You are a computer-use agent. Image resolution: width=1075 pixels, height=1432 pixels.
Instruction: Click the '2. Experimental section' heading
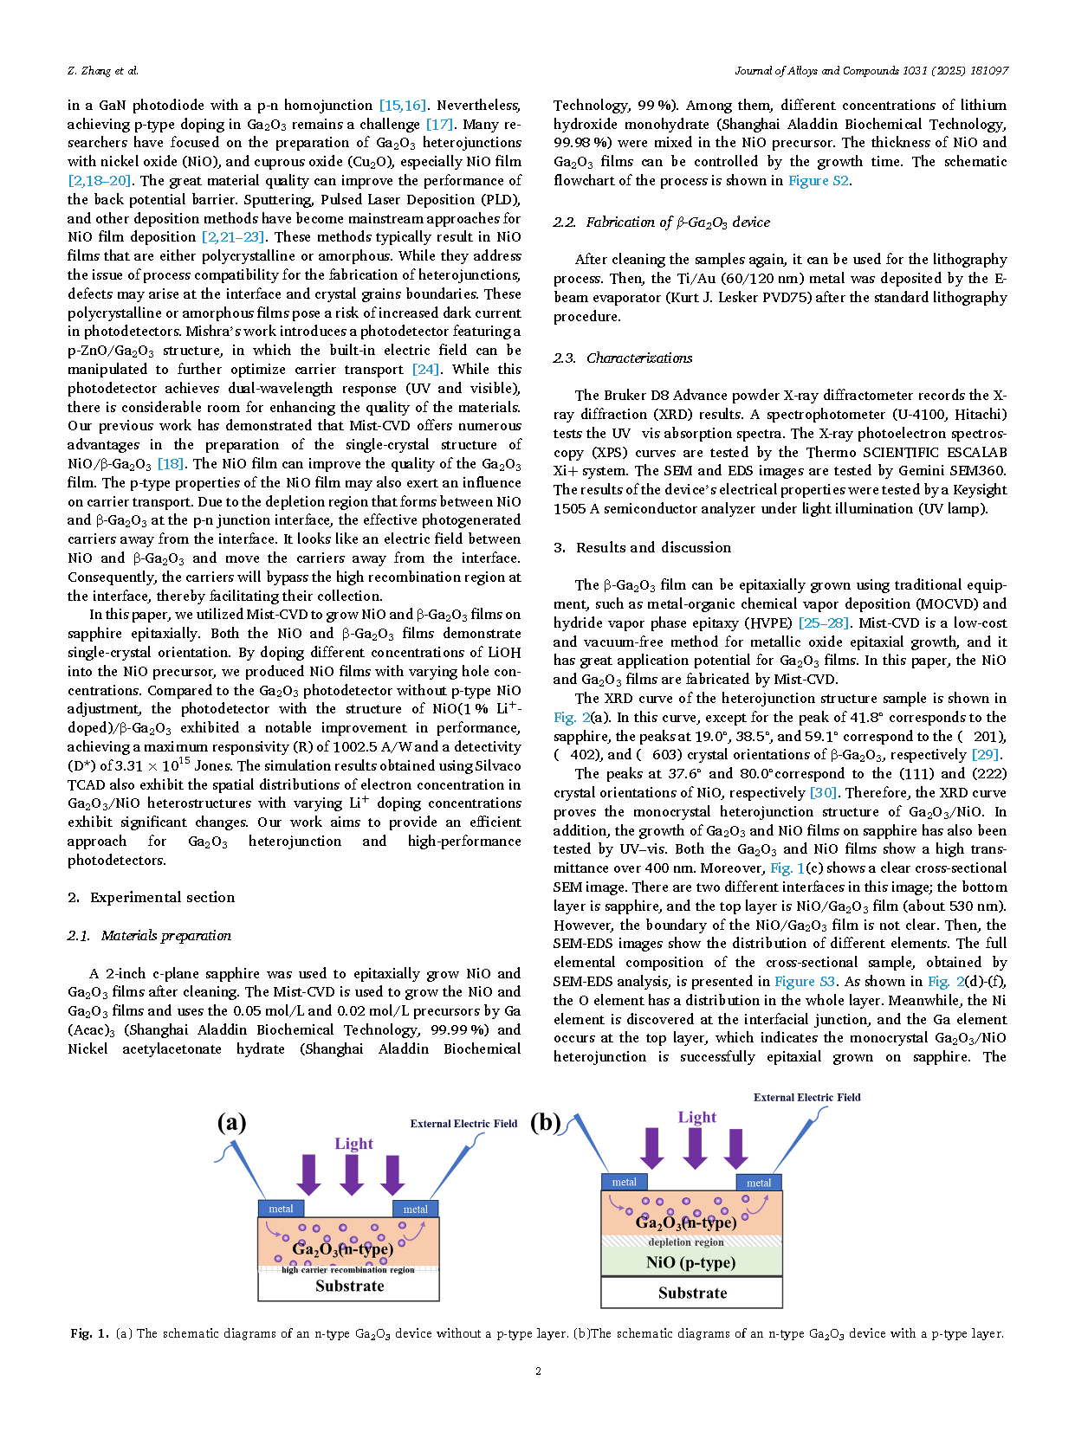[x=151, y=898]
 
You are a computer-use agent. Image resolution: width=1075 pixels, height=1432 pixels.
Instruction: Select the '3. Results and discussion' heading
[x=642, y=548]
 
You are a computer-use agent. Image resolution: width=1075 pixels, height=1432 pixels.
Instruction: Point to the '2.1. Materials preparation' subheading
[x=149, y=936]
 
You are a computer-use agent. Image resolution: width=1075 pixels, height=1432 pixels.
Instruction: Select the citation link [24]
[x=425, y=370]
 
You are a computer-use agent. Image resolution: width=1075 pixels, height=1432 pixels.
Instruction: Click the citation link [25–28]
[x=825, y=623]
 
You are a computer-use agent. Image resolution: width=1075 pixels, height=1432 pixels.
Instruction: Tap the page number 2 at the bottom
[x=538, y=1371]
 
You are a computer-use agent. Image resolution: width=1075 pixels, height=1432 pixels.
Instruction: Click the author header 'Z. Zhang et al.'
[x=103, y=71]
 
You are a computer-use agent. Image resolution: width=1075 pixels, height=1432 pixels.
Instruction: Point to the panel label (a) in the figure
[x=231, y=1123]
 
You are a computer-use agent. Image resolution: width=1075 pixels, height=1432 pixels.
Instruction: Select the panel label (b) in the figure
[x=546, y=1123]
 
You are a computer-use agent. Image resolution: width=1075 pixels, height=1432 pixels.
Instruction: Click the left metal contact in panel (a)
[x=281, y=1209]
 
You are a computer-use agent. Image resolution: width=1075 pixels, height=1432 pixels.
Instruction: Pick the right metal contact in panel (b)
[x=759, y=1183]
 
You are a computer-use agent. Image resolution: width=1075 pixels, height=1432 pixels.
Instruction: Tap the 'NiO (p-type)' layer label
[x=690, y=1262]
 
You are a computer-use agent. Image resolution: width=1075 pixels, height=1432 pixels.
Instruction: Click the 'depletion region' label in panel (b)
[x=686, y=1242]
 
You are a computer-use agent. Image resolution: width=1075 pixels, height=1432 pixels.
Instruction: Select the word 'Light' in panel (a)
[x=353, y=1144]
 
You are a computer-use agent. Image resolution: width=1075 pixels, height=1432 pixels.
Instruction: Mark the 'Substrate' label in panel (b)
[x=692, y=1293]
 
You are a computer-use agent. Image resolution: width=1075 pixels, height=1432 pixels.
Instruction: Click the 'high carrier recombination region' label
[x=348, y=1270]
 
